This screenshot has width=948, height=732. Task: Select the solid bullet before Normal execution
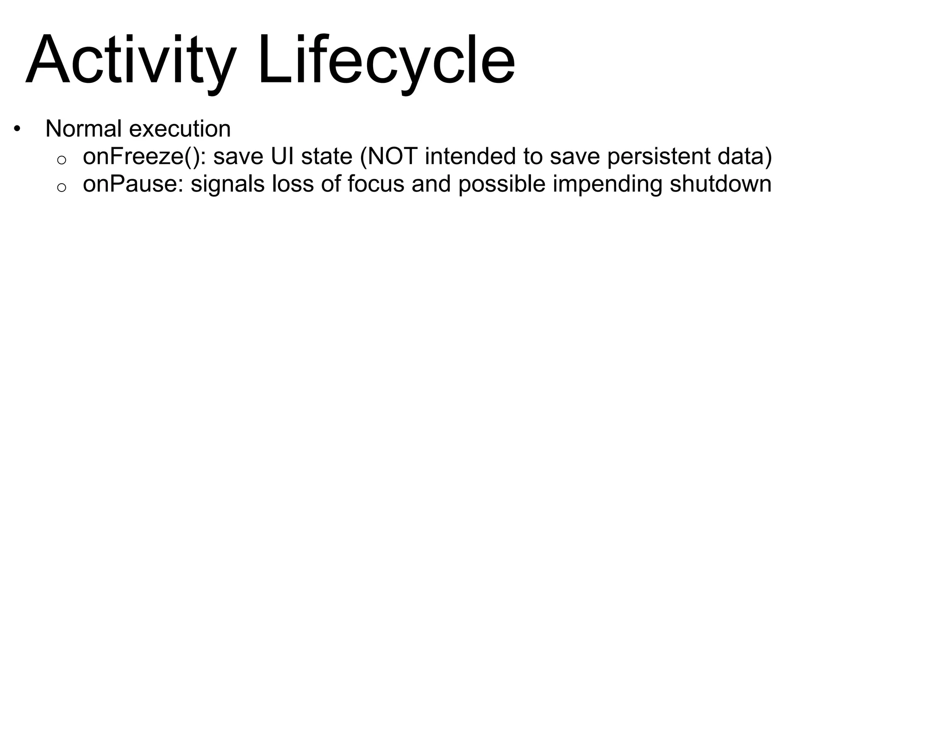[x=17, y=128]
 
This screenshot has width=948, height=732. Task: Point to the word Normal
[x=84, y=129]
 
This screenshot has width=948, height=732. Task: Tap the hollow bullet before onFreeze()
[x=62, y=160]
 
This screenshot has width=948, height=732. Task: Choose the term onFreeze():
[x=144, y=156]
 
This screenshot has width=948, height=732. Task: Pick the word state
[x=327, y=156]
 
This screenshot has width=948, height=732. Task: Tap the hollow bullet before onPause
[x=62, y=187]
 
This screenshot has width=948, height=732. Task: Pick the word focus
[x=376, y=184]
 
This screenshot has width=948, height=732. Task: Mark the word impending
[x=608, y=184]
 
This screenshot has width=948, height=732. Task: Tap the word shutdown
[x=720, y=184]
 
